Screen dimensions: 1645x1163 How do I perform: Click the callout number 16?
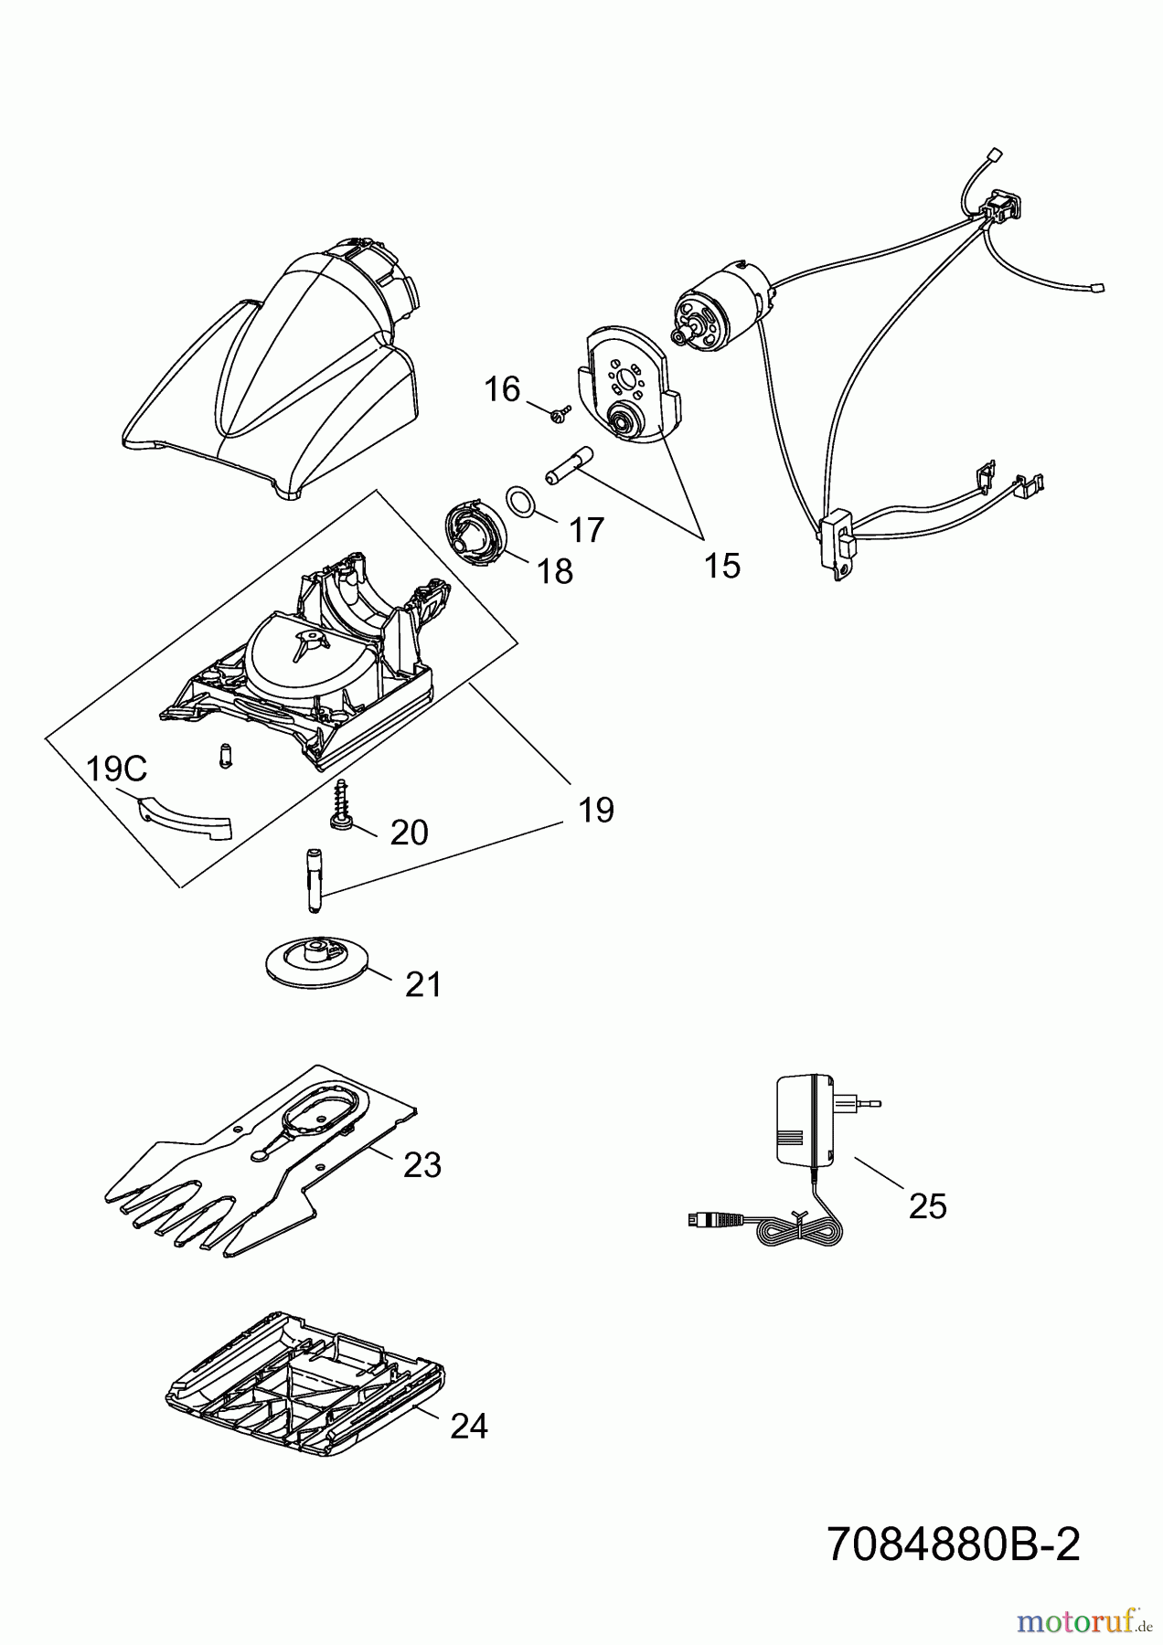pos(502,390)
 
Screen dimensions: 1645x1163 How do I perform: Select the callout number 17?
pos(586,529)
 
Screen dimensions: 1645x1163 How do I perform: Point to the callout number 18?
pos(554,572)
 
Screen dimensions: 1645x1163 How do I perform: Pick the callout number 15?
pos(721,566)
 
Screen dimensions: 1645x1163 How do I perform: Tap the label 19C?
pos(116,769)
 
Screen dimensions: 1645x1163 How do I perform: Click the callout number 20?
pos(409,833)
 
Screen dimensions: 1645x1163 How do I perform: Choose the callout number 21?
pos(423,984)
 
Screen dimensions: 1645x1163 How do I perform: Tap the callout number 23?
pos(422,1165)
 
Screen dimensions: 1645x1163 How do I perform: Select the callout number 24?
pos(469,1427)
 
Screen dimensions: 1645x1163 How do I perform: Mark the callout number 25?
pos(927,1207)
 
